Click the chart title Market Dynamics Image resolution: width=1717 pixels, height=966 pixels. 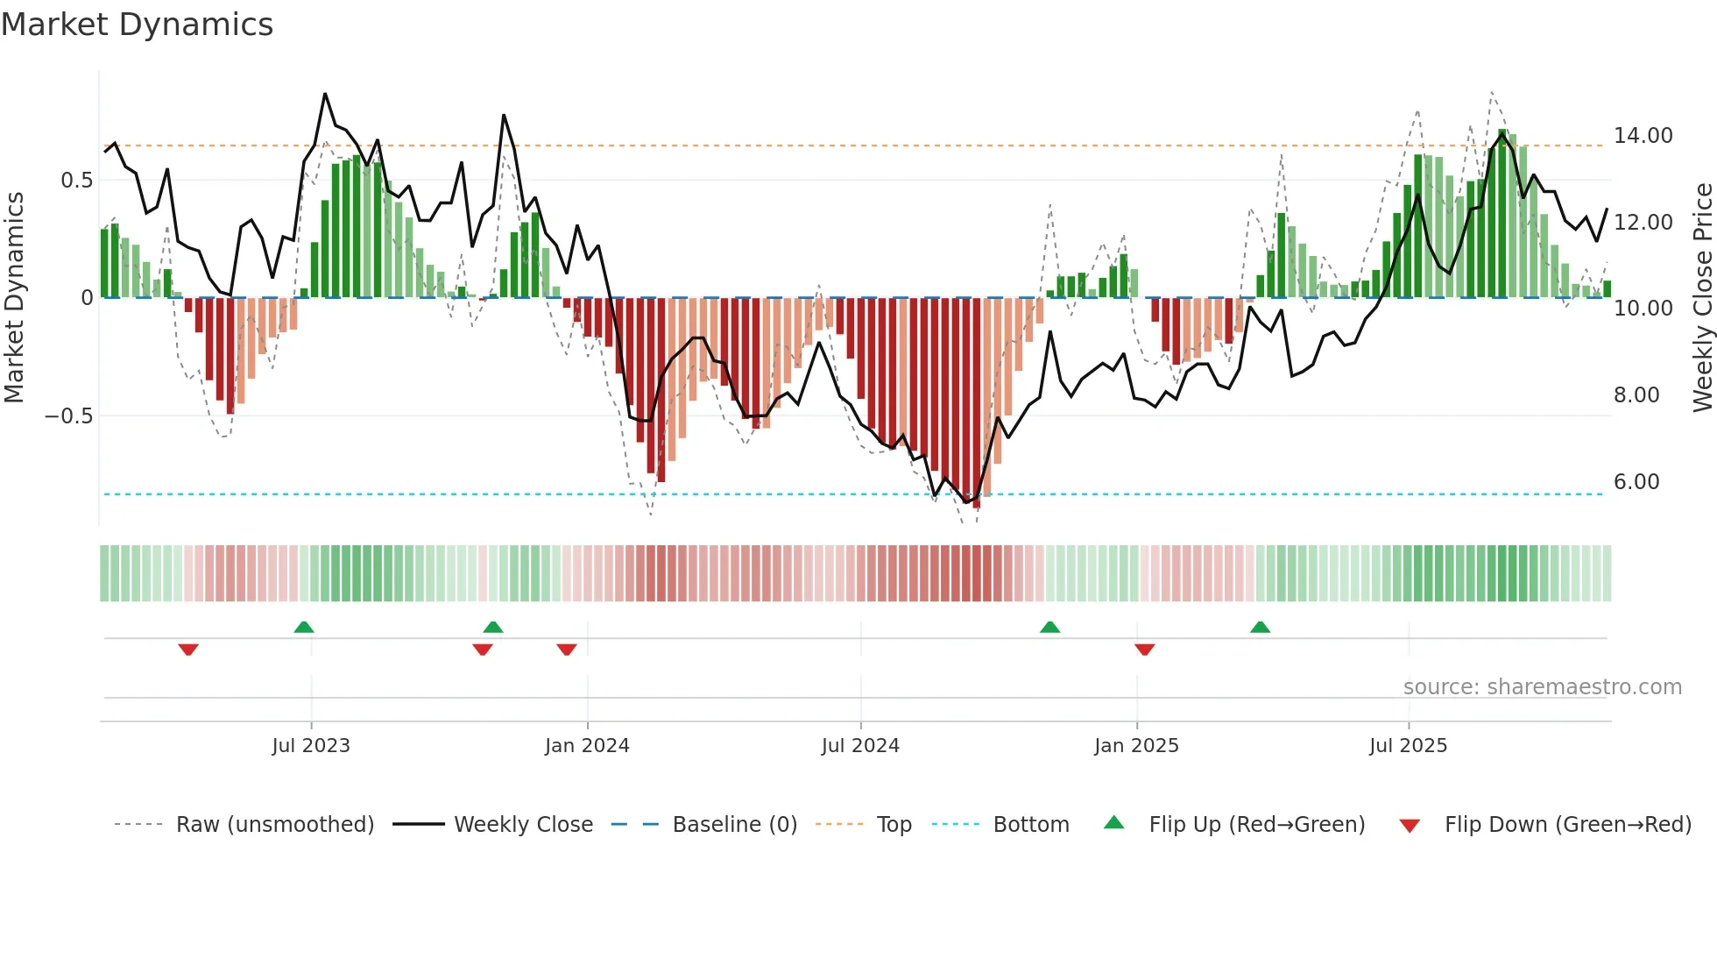(x=137, y=25)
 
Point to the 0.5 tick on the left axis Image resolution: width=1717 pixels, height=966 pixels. (x=76, y=181)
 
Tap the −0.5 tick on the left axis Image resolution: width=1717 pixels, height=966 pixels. (x=68, y=416)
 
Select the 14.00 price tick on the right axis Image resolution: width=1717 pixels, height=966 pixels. (x=1643, y=136)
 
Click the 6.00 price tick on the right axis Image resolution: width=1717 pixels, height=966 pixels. (x=1636, y=482)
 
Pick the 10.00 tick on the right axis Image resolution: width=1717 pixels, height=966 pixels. (x=1643, y=309)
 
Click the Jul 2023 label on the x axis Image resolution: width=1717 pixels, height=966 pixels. (x=311, y=746)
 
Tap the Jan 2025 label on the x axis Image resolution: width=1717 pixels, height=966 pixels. (x=1136, y=746)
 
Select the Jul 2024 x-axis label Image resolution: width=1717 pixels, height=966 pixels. (x=860, y=746)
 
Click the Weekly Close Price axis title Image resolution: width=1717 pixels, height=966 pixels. (x=1702, y=298)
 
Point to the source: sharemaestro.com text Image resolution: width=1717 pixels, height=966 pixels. (x=1542, y=687)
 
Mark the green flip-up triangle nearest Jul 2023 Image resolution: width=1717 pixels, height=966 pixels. (x=303, y=628)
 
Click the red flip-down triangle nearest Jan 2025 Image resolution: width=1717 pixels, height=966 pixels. (x=1144, y=650)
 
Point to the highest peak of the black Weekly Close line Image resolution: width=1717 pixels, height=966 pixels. (x=325, y=95)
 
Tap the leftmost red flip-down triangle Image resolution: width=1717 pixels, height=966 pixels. (x=188, y=650)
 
